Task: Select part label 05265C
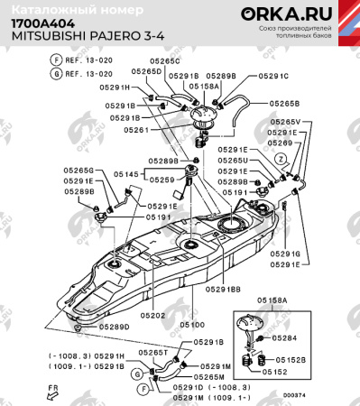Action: point(165,61)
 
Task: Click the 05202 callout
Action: point(152,316)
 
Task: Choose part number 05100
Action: point(191,324)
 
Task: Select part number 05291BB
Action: point(222,290)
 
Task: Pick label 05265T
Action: point(153,353)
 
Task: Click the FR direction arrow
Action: point(53,389)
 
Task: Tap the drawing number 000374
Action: point(293,394)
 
